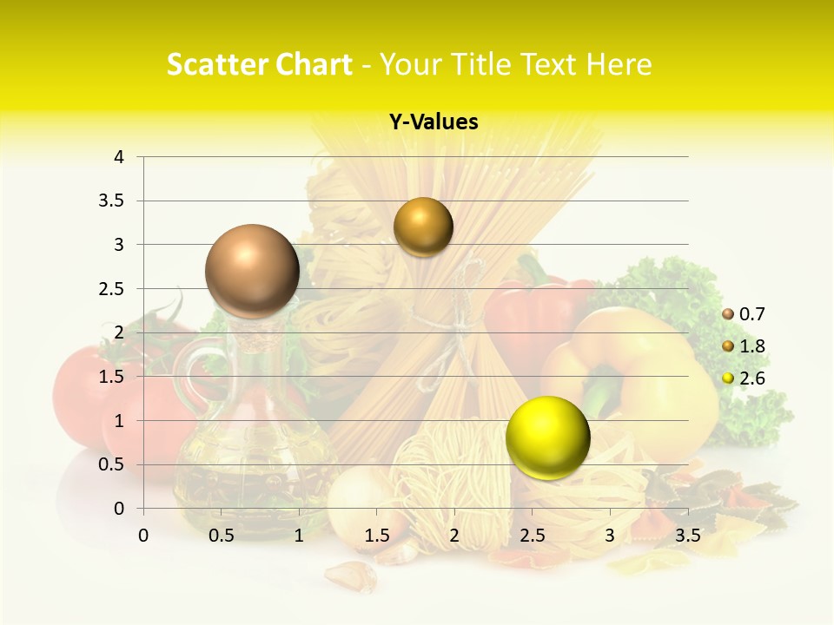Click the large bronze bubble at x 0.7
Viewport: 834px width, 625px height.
tap(252, 271)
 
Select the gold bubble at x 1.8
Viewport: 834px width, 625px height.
tap(423, 227)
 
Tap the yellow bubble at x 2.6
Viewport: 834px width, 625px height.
tap(547, 437)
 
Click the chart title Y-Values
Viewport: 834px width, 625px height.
tap(434, 122)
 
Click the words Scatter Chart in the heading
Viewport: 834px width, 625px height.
tap(259, 64)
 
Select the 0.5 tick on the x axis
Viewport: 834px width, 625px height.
tap(222, 536)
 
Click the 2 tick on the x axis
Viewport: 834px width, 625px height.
tap(454, 536)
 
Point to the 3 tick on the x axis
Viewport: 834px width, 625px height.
tap(610, 536)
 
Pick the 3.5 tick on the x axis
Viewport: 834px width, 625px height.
tap(688, 536)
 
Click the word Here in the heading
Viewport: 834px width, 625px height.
tap(619, 64)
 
